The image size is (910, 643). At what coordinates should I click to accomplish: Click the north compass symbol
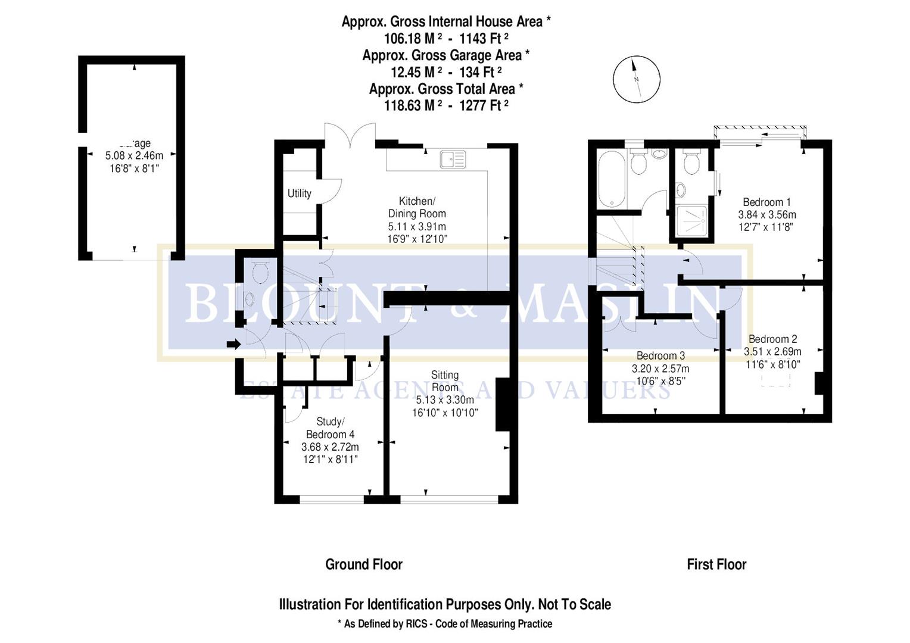637,79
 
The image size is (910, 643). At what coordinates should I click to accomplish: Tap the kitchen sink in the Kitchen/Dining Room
453,160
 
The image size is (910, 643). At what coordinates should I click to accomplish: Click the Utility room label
299,193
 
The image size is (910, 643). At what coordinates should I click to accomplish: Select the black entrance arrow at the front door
233,344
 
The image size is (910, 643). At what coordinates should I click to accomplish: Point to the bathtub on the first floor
610,179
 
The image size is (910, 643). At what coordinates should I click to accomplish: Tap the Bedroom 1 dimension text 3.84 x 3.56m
766,215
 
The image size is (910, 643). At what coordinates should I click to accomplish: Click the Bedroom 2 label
772,339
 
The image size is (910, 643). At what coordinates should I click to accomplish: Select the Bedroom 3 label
660,356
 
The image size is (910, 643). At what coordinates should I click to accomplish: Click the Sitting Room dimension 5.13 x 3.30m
445,400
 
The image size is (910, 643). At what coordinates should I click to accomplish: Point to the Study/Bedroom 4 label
330,428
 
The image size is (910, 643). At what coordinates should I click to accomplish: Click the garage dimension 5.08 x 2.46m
134,156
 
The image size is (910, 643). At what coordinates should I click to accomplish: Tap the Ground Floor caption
363,564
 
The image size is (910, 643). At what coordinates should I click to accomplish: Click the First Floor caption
716,564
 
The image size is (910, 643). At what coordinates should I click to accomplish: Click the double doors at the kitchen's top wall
350,136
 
